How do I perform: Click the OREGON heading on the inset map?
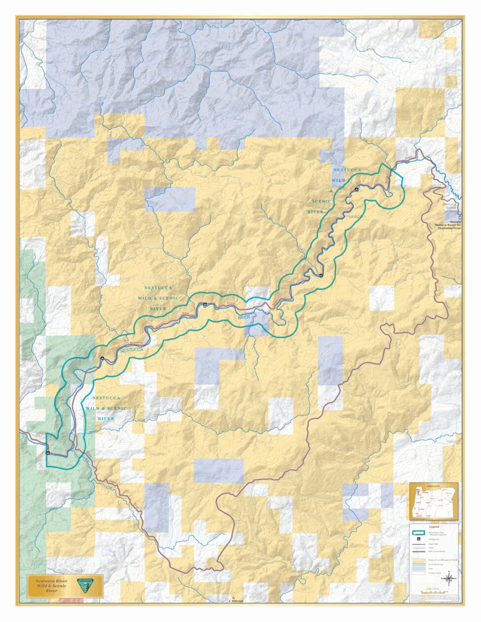(433, 486)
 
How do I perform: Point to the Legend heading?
(434, 527)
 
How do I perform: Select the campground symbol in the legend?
(419, 539)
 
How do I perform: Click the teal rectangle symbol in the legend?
(419, 533)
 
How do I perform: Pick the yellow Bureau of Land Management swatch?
(419, 560)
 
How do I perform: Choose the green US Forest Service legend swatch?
(419, 564)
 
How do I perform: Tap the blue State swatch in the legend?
(419, 569)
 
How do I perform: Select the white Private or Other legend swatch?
(419, 573)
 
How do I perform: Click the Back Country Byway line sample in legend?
(419, 551)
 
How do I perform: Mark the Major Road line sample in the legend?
(419, 544)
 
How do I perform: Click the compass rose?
(449, 579)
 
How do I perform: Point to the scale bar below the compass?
(433, 593)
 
